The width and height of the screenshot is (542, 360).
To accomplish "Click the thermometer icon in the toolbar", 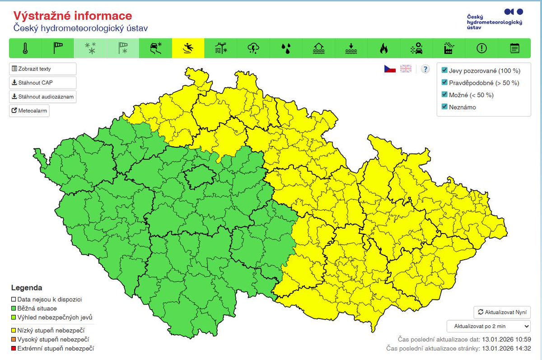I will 25,48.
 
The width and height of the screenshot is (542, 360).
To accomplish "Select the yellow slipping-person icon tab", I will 188,48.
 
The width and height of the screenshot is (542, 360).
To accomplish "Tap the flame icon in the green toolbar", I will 384,48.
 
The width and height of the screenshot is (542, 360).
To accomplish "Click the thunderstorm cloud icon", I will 253,48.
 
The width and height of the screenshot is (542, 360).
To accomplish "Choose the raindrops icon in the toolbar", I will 286,48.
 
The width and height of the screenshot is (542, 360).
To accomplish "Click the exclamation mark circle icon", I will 481,48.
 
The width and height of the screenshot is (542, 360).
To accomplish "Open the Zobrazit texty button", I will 43,69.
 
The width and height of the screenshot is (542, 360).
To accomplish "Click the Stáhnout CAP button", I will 43,83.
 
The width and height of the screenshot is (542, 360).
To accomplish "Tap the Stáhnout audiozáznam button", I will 43,97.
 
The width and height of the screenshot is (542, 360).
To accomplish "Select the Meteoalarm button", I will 29,111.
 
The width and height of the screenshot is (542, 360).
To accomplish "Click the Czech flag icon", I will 390,69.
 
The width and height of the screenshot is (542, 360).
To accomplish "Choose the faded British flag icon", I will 406,69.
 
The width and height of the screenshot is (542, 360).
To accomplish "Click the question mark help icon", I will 425,69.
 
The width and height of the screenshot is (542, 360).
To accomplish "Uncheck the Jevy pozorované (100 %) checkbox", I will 444,70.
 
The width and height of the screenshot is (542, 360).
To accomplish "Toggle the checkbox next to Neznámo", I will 444,107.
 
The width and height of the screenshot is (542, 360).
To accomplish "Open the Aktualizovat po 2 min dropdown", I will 489,326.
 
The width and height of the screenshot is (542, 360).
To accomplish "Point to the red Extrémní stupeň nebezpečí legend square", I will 14,348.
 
